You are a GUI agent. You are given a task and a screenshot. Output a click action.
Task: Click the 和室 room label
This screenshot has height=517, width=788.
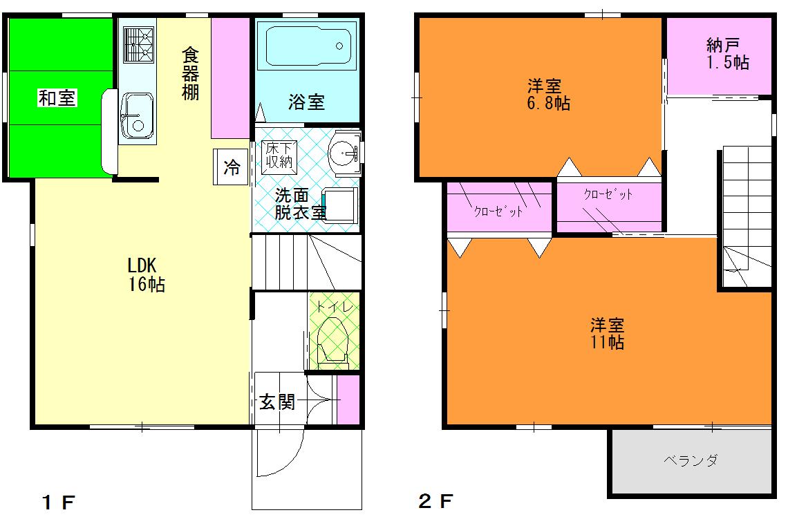57,99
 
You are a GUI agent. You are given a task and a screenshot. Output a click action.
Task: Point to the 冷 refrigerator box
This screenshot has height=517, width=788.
232,167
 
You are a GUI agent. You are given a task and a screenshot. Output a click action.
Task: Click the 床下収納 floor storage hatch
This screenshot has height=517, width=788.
279,157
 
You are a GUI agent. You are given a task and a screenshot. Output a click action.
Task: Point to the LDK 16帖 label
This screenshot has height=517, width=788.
146,274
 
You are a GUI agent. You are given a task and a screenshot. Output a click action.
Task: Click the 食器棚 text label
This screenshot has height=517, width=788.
191,73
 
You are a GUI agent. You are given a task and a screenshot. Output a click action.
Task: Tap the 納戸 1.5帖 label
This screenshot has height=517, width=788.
727,54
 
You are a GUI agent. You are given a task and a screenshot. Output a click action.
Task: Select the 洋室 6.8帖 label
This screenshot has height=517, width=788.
549,95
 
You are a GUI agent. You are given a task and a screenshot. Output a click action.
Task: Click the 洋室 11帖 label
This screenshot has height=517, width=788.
608,332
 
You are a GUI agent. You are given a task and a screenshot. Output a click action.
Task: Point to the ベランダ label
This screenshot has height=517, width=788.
690,460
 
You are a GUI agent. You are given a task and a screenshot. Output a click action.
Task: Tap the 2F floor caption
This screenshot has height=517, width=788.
435,500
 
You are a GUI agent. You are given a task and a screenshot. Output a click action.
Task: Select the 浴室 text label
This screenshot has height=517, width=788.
306,102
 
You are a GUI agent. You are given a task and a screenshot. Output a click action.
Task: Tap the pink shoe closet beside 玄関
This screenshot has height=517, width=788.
348,399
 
